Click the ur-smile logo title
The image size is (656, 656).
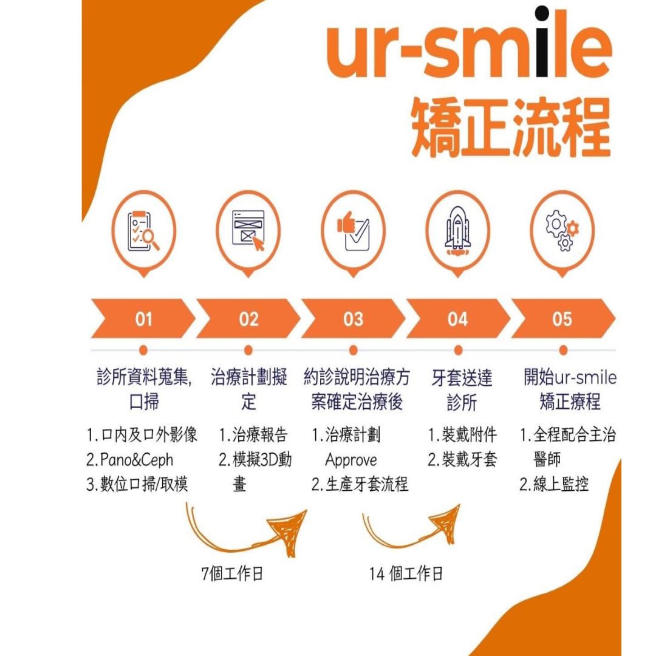[468, 44]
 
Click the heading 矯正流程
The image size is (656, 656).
[511, 128]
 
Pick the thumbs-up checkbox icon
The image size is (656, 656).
[354, 231]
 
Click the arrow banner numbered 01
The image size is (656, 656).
[143, 319]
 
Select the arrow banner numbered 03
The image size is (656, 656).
[353, 319]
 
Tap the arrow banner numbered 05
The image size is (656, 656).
[563, 319]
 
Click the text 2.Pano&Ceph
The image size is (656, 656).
[130, 460]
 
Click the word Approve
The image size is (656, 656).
[351, 460]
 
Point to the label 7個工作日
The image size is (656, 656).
[232, 573]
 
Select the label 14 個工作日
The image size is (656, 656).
[406, 573]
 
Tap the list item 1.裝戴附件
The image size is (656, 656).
[463, 435]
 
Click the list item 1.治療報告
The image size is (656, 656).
[253, 435]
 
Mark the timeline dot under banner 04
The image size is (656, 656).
[458, 350]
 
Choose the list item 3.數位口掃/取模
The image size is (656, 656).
[137, 485]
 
